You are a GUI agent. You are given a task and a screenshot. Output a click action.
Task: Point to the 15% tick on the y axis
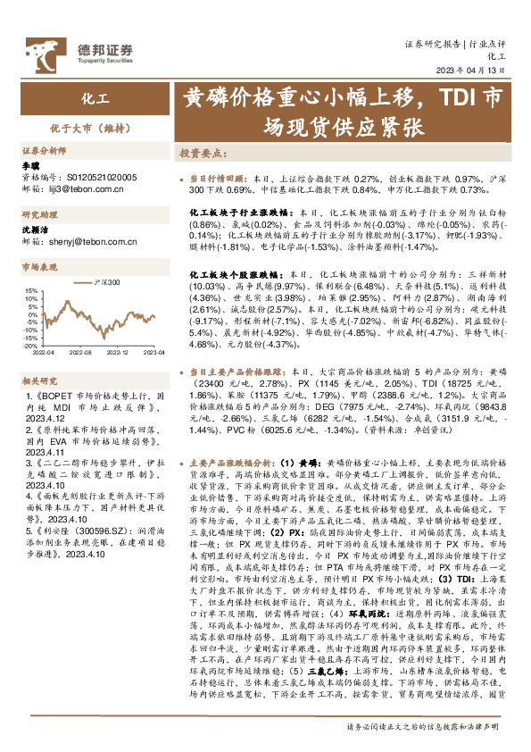click(x=29, y=290)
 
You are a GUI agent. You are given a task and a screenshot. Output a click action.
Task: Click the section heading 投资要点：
click(x=205, y=153)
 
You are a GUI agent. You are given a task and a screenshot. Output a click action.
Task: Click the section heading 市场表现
click(x=40, y=266)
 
